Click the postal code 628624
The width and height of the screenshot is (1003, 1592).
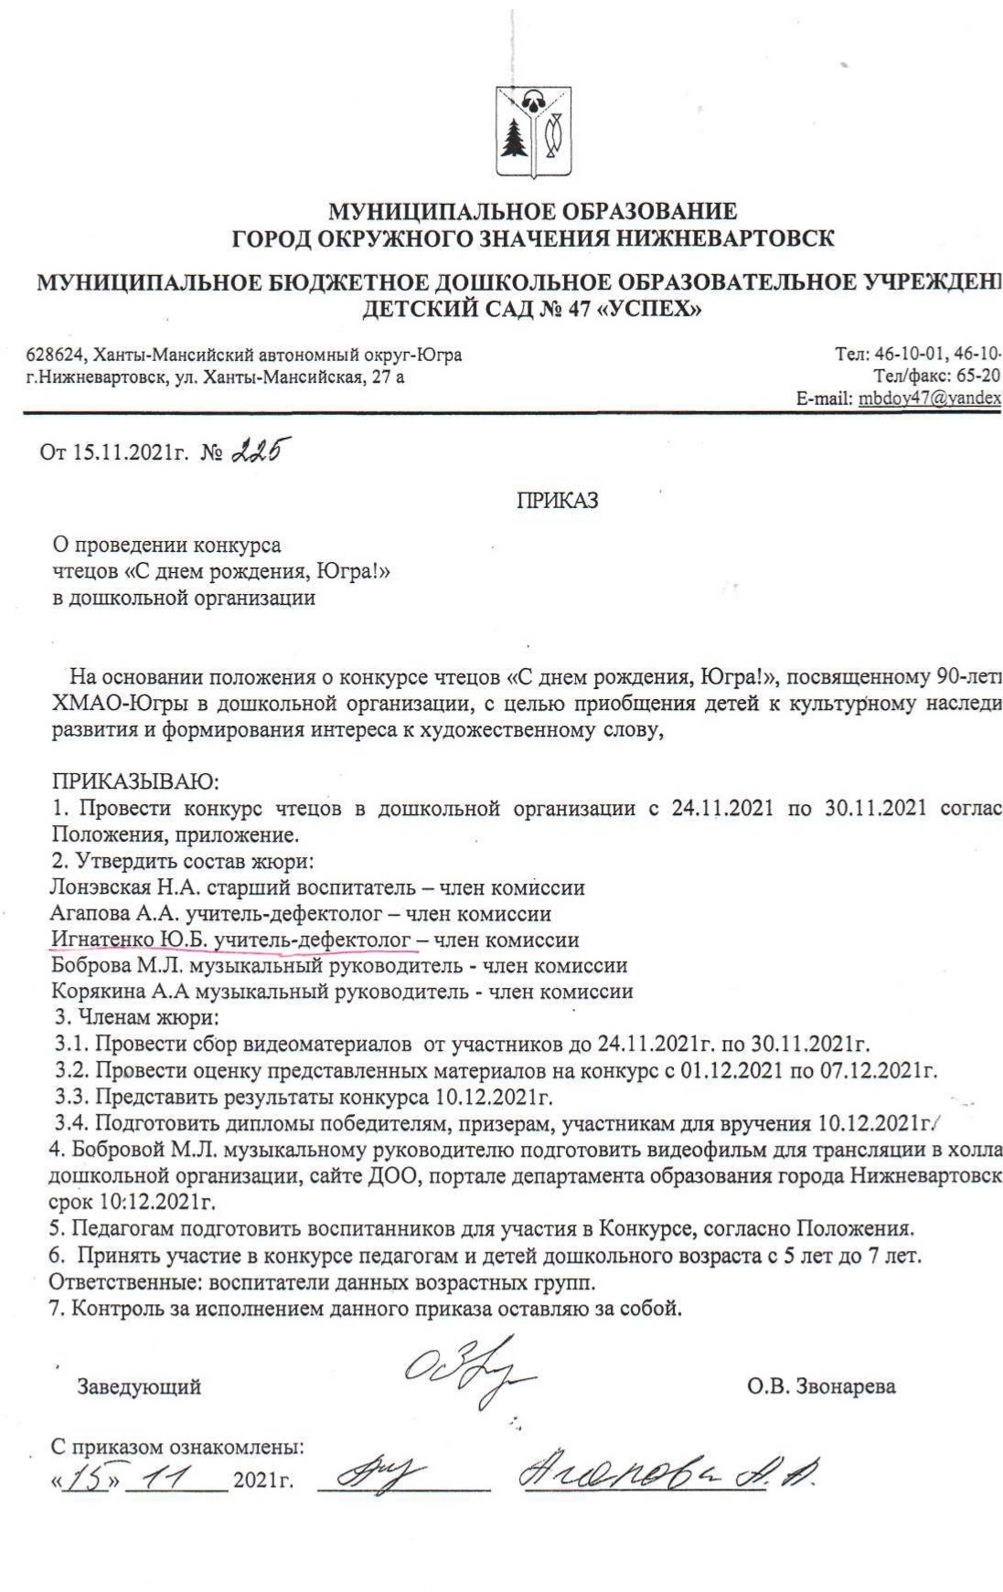pos(54,355)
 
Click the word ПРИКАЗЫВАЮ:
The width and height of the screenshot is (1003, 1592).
pos(134,782)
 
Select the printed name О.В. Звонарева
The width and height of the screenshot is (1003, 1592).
pos(821,1386)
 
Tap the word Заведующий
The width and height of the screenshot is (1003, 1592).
pos(139,1386)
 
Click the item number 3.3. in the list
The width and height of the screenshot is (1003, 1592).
pos(72,1096)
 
